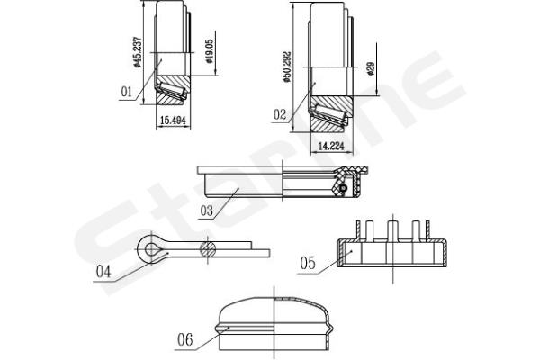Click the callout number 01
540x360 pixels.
click(x=126, y=92)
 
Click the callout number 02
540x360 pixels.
click(x=280, y=114)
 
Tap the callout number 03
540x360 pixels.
click(x=207, y=211)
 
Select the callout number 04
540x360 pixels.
click(x=103, y=272)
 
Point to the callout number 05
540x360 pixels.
click(x=308, y=263)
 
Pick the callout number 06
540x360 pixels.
click(x=184, y=339)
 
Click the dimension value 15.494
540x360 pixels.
click(x=173, y=121)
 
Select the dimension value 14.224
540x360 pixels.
click(x=331, y=146)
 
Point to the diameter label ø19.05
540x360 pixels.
click(x=210, y=51)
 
